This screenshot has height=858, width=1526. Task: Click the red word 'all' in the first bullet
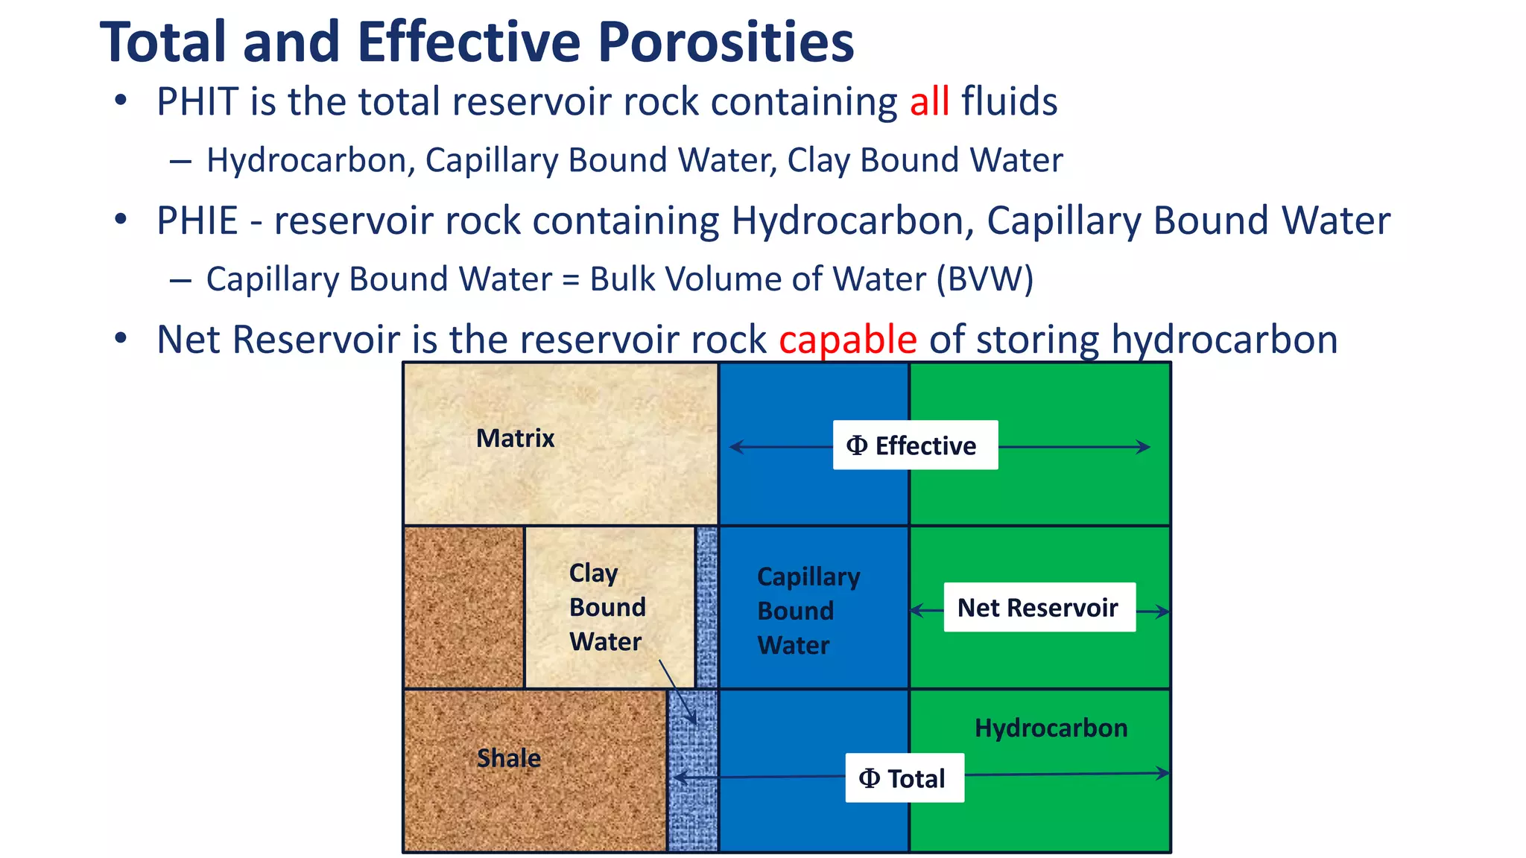[929, 101]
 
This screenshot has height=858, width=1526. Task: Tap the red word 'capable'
[848, 340]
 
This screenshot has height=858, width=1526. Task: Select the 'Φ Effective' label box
[915, 445]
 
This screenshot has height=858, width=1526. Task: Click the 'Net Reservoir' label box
[1039, 608]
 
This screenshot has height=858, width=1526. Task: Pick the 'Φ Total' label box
[904, 778]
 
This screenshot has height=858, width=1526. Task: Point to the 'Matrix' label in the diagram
[515, 438]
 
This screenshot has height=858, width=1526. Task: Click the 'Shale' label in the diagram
[509, 758]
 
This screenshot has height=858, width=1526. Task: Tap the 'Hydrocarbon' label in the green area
[1051, 728]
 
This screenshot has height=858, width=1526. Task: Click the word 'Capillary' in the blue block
[808, 577]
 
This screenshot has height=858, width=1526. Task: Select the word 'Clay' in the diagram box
[593, 573]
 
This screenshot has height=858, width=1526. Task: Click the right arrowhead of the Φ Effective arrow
[1145, 447]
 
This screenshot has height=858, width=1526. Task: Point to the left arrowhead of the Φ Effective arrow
[735, 447]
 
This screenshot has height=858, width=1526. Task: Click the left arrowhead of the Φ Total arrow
[678, 778]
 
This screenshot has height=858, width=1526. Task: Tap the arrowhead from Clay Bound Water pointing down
[693, 719]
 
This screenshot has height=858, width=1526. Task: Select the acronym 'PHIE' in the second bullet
[197, 220]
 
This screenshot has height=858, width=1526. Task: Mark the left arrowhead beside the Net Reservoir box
[916, 611]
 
